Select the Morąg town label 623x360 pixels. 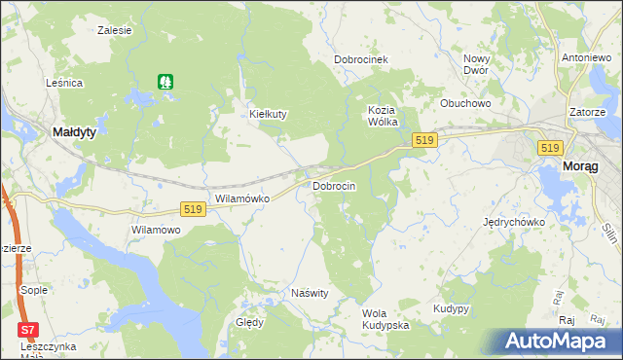(582, 167)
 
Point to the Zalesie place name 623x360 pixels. (115, 30)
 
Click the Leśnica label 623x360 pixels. (64, 84)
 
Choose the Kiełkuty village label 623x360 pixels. (269, 114)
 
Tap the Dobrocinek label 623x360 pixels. (361, 59)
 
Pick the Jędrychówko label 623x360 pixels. (514, 222)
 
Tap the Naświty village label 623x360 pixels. (311, 293)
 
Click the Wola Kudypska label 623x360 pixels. (385, 319)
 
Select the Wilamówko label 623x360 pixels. (241, 198)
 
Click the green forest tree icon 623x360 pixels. (166, 83)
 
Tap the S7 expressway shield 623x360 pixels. (29, 330)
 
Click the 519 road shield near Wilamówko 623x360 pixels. (193, 209)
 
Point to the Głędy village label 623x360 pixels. (250, 323)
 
